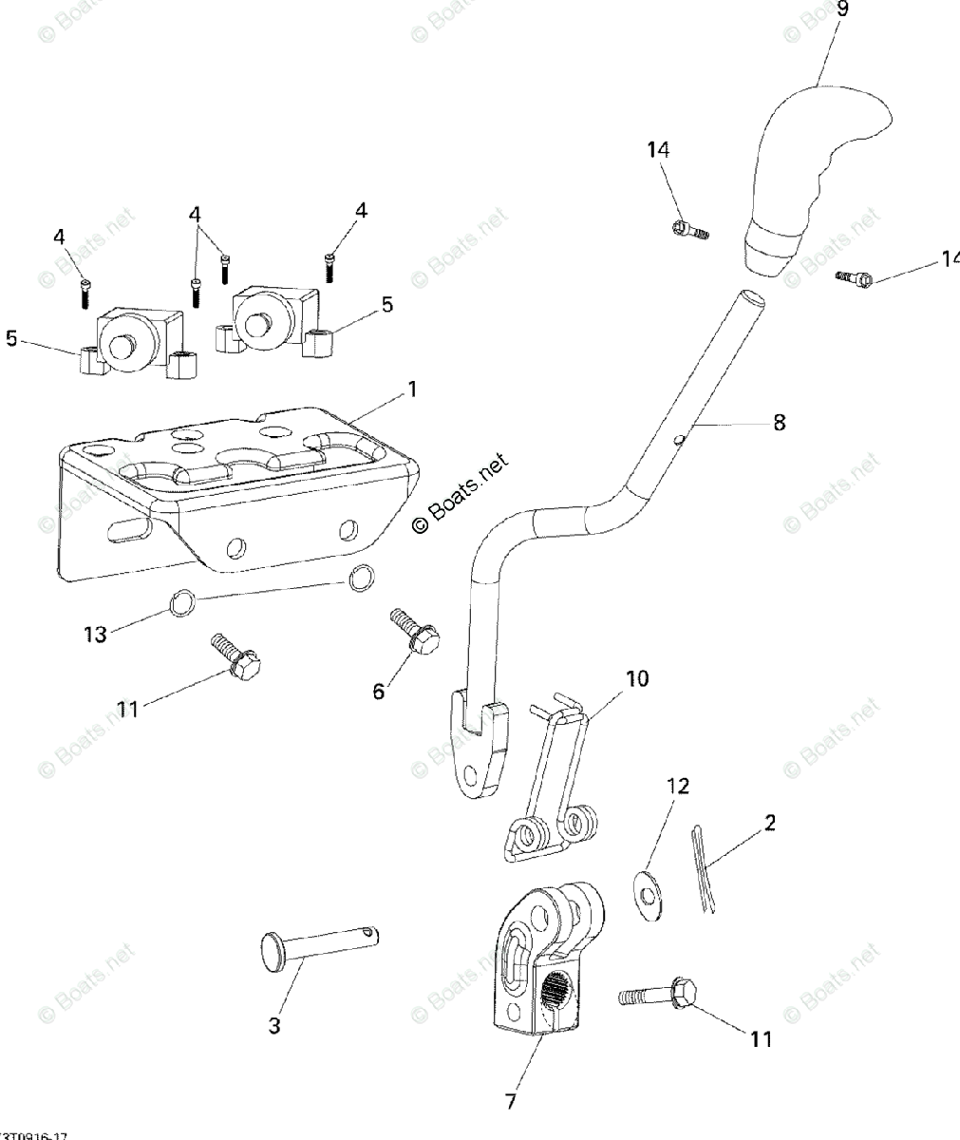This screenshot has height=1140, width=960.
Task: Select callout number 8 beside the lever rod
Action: (x=779, y=423)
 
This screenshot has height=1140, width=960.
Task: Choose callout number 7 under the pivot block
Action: (x=512, y=1102)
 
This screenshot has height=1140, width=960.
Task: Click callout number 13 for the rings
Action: (x=95, y=635)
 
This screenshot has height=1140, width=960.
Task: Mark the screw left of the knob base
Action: (x=690, y=230)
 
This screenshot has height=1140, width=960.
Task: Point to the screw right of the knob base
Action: (x=854, y=277)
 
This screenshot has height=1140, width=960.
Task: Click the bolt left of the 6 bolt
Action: (x=235, y=659)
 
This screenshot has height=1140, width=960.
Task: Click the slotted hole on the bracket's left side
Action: (x=130, y=527)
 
